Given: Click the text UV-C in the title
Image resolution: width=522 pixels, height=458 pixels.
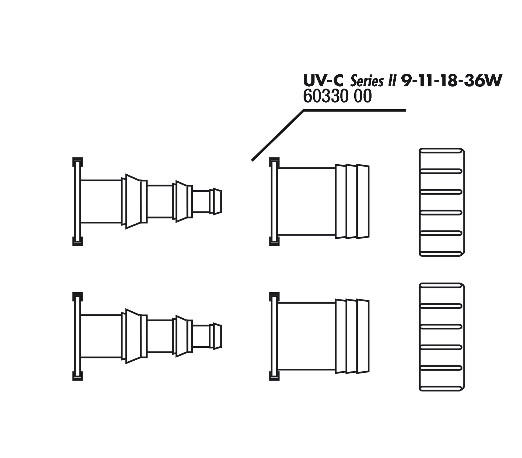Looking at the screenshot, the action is pos(323,80).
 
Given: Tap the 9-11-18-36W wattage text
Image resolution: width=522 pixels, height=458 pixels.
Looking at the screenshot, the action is pos(451,80).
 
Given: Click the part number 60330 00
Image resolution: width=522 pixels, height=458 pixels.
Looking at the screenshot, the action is pos(337,96).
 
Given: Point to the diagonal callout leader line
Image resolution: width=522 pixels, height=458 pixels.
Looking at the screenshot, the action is pos(278,135).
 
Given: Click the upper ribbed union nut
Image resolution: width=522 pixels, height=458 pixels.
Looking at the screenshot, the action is pos(442,202).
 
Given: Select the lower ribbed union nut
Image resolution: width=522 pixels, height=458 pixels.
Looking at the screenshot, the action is pos(442,337).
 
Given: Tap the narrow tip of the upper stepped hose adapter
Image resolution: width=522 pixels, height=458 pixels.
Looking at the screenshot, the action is pos(217,201).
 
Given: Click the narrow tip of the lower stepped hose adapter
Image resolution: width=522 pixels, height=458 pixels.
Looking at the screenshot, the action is pos(217,336).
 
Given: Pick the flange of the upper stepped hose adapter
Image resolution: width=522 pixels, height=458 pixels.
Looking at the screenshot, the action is pos(77,202).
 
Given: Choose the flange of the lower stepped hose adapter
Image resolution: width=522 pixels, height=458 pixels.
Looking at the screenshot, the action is pos(77,336).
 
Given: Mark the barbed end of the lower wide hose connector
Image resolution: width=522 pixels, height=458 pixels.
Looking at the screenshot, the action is pos(352,336).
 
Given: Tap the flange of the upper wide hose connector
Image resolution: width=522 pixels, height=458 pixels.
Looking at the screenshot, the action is pos(274,202).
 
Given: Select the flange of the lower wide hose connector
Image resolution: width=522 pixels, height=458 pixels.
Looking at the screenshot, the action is pos(274,336).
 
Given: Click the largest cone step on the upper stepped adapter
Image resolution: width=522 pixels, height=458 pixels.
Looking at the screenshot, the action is pos(133,201).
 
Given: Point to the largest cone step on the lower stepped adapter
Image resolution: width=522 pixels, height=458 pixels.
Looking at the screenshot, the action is pos(133,336).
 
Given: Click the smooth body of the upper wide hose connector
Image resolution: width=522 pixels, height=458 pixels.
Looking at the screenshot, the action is pos(306,202).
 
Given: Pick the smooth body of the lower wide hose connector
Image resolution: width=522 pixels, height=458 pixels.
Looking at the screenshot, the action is pos(306,336).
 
